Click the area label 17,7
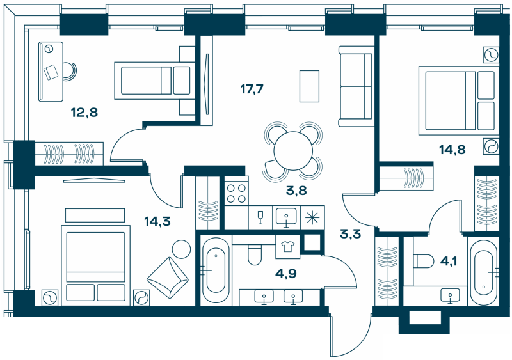[250, 89]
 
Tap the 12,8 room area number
[84, 113]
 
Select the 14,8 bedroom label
[451, 151]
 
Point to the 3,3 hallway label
[350, 233]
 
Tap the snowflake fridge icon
[312, 216]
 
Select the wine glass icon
[260, 217]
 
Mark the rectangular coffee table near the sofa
[310, 85]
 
